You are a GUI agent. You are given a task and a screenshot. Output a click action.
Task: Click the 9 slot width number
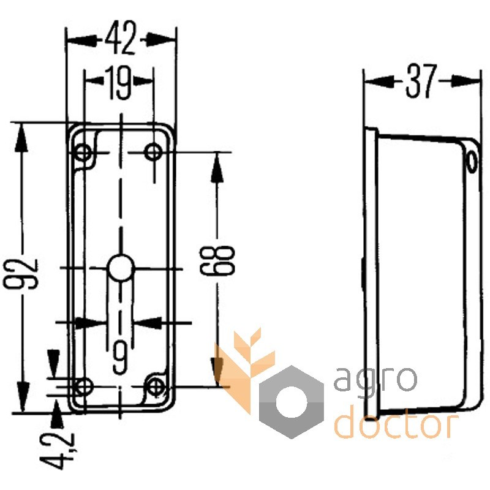pyautogui.click(x=120, y=355)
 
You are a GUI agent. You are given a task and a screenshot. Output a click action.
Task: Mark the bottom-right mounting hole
pyautogui.click(x=157, y=386)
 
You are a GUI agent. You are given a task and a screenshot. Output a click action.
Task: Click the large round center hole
pyautogui.click(x=120, y=268)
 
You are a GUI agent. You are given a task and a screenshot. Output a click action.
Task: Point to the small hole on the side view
pyautogui.click(x=471, y=160)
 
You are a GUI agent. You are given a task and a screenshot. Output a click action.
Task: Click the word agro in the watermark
pyautogui.click(x=375, y=379)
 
